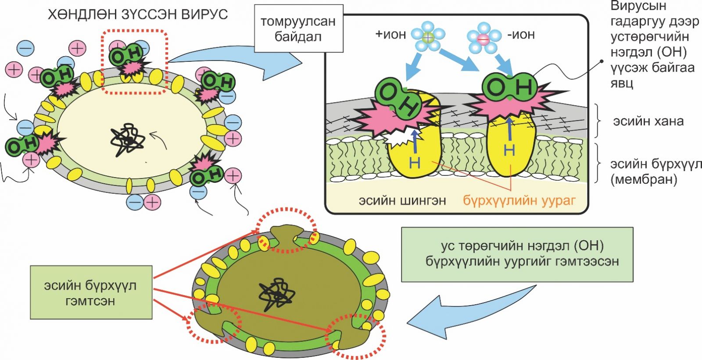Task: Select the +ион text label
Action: (x=390, y=34)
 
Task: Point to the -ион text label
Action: (x=521, y=34)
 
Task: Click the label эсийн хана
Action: (x=648, y=121)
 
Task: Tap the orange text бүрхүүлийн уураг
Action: (x=519, y=200)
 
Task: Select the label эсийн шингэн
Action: (x=402, y=200)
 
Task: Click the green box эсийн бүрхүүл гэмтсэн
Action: (x=91, y=292)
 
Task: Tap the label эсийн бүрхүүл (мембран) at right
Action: (x=655, y=171)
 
